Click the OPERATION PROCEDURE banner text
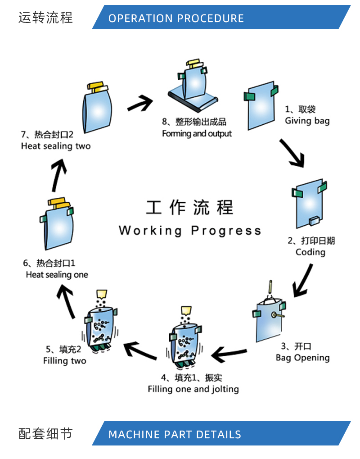[176, 18]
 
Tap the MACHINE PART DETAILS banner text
[175, 435]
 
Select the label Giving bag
[307, 121]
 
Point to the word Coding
[310, 252]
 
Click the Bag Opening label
[302, 358]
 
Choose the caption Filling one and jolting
[193, 389]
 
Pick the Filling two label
[64, 361]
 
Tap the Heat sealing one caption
[57, 275]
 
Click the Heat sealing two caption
[55, 146]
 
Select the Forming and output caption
[197, 134]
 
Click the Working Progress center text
[189, 231]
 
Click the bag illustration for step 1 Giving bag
[261, 105]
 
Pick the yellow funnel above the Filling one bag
[186, 311]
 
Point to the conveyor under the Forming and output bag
[193, 100]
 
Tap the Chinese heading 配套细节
[45, 434]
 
